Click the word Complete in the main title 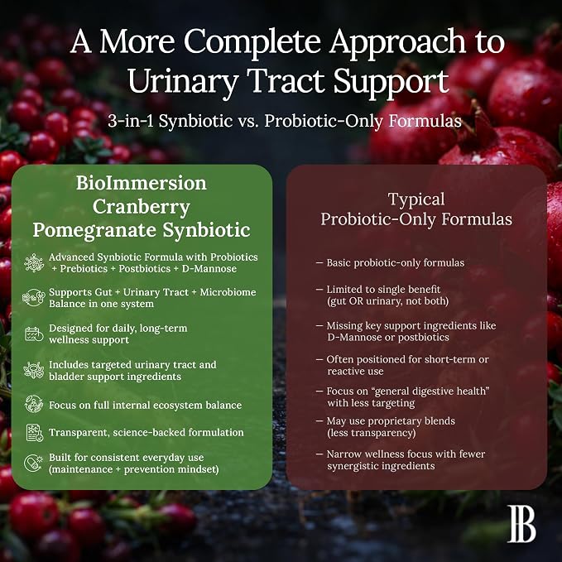(252, 42)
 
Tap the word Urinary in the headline (183, 82)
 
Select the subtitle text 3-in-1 (131, 121)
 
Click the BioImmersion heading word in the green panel (142, 183)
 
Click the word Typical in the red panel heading (416, 199)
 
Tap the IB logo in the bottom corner (521, 524)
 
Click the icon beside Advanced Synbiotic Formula (34, 262)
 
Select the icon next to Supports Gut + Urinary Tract (34, 297)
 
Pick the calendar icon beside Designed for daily (34, 334)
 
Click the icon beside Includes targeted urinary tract (34, 370)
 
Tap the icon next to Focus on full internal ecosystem (34, 404)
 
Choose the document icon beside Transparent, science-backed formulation (35, 432)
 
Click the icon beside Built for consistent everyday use (33, 463)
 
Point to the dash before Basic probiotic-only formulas (319, 263)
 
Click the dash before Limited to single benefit (319, 290)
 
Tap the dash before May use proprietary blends (319, 421)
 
